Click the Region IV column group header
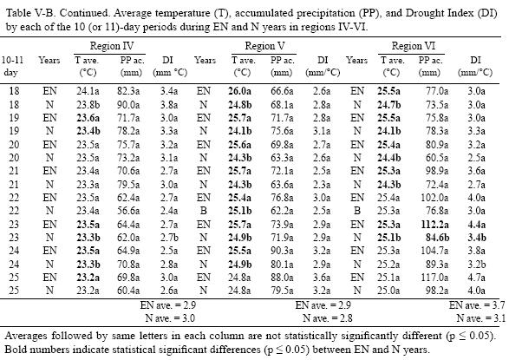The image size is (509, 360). (x=114, y=43)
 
